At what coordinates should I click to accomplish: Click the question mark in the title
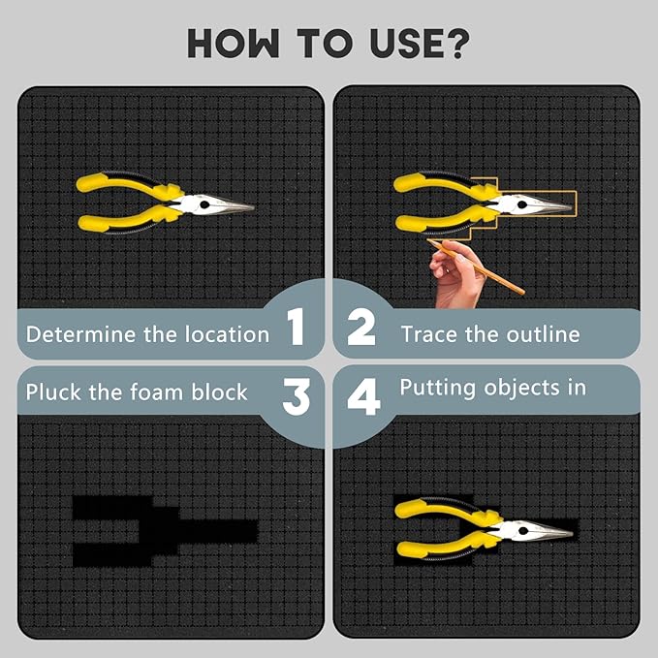pos(454,44)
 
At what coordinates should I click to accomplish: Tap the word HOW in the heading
pos(233,44)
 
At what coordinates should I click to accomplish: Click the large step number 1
pos(296,326)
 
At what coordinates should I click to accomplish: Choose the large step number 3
pos(297,396)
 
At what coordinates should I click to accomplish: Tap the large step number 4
pos(363,396)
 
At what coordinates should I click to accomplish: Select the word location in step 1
pos(227,334)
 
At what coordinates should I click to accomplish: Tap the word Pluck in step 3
pos(53,392)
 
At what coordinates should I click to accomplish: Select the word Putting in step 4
pos(438,389)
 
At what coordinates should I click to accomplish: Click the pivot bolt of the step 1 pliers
pos(204,204)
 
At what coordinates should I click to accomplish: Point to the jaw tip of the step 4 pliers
pos(572,533)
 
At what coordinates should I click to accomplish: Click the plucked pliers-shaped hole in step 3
pos(164,531)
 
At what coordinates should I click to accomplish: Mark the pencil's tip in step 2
pos(427,240)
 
